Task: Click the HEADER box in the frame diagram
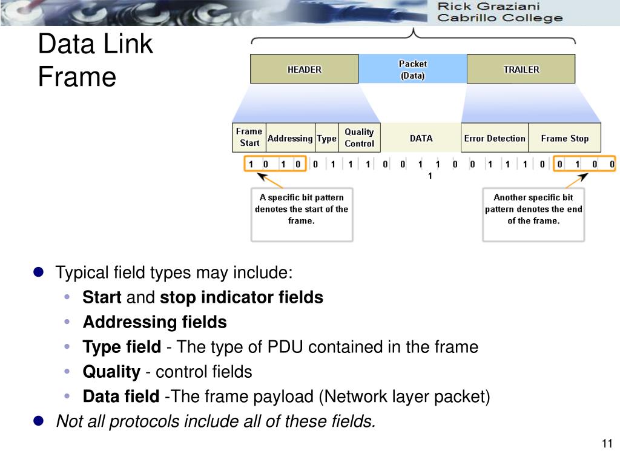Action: click(x=304, y=69)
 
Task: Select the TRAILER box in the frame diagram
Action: click(x=521, y=69)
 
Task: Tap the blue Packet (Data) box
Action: click(x=412, y=70)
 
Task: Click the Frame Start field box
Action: click(x=249, y=137)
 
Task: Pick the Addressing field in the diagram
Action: click(x=290, y=138)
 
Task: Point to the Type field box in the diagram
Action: click(x=326, y=138)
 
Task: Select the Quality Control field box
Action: click(x=359, y=138)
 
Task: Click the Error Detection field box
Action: click(x=494, y=138)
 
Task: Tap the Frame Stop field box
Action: click(x=564, y=138)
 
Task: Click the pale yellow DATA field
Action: click(x=421, y=138)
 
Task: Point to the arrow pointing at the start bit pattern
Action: click(x=269, y=180)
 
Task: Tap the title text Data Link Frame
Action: click(x=95, y=61)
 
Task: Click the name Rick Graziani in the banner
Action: click(x=489, y=7)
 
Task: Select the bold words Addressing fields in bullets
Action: click(x=154, y=323)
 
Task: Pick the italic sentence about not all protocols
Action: click(x=216, y=421)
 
